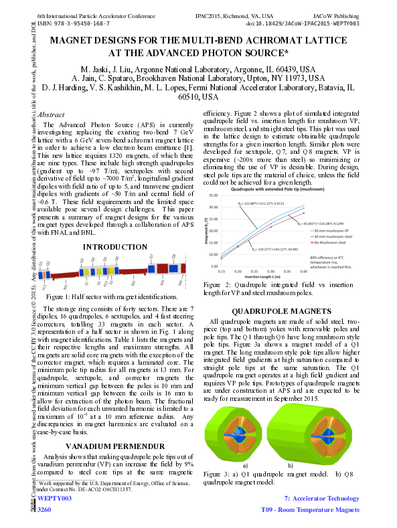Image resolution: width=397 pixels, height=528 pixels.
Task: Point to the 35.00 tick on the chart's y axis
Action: (x=214, y=195)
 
